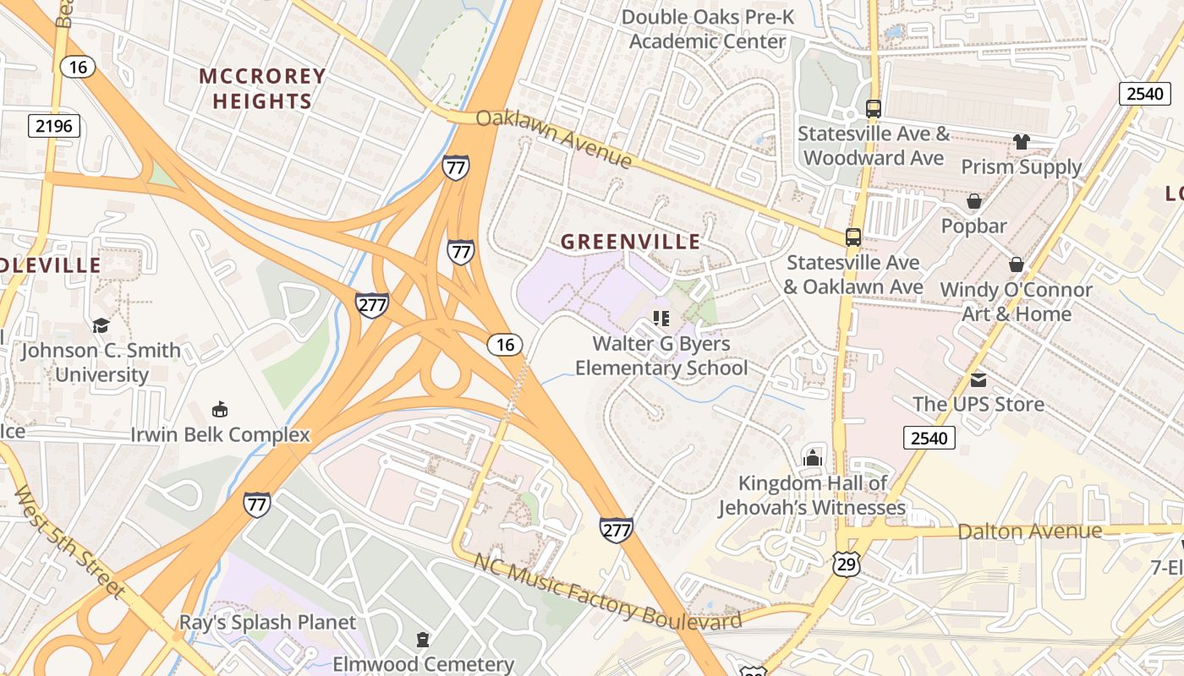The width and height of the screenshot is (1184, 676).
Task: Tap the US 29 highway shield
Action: (x=846, y=564)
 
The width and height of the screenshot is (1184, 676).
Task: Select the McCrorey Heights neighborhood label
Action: (x=262, y=89)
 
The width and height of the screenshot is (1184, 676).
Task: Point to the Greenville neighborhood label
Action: (x=631, y=242)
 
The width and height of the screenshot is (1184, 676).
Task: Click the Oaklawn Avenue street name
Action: (x=554, y=138)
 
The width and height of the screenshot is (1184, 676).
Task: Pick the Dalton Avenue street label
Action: (x=1029, y=532)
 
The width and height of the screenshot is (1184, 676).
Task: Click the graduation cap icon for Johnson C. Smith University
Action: (x=101, y=325)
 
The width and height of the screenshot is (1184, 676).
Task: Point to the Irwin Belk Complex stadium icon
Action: (x=220, y=410)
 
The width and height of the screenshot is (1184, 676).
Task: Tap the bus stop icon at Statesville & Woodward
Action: (x=874, y=108)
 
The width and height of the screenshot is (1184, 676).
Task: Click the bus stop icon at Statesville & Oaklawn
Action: (x=853, y=237)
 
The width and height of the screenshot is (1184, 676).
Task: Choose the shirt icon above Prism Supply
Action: (x=1022, y=142)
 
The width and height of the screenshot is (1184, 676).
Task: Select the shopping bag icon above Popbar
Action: (x=974, y=201)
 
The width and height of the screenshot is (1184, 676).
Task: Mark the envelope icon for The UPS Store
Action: (x=978, y=379)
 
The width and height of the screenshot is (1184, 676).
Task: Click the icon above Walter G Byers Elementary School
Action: (x=661, y=319)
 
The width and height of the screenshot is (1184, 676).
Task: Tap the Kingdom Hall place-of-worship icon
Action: (x=813, y=457)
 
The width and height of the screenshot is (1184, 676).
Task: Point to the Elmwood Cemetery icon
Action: (x=423, y=639)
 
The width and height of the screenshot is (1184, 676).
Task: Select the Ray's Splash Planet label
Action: (x=267, y=623)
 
